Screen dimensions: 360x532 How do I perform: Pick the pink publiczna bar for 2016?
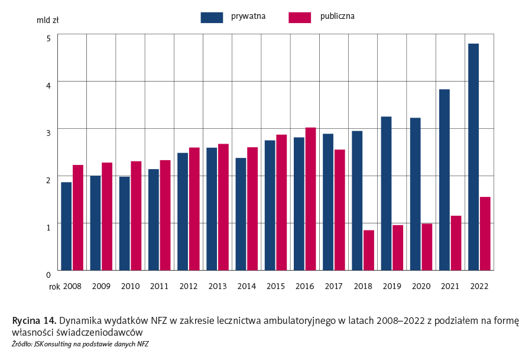(310, 199)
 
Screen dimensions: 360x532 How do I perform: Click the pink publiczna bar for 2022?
(485, 233)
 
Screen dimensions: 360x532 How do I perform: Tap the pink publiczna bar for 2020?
(427, 247)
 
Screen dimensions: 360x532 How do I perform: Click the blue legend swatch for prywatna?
(212, 17)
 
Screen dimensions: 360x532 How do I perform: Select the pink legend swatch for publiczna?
(300, 17)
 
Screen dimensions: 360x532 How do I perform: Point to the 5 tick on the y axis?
(48, 38)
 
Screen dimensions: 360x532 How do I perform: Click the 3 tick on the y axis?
(48, 132)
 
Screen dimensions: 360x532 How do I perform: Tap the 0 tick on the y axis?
(48, 274)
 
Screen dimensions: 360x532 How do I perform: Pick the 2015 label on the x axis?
(275, 286)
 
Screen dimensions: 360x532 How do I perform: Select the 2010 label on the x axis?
(130, 286)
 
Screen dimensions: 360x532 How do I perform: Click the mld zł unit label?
(47, 20)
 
